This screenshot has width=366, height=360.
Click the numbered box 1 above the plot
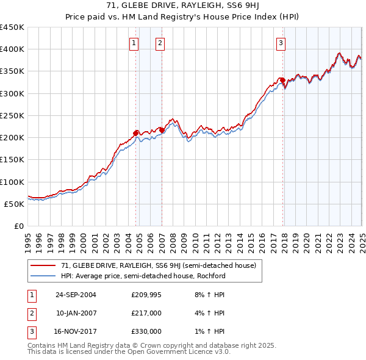click(x=134, y=43)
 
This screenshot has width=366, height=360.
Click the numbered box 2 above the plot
click(x=159, y=43)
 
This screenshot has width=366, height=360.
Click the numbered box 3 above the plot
click(x=281, y=43)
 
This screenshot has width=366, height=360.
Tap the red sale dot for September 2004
click(x=136, y=132)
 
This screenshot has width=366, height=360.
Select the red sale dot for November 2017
click(x=282, y=80)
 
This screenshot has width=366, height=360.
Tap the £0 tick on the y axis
click(x=18, y=226)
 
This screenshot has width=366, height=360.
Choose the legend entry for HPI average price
click(x=143, y=275)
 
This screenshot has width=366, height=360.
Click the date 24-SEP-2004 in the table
click(x=76, y=295)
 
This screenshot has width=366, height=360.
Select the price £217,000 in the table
click(x=146, y=313)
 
